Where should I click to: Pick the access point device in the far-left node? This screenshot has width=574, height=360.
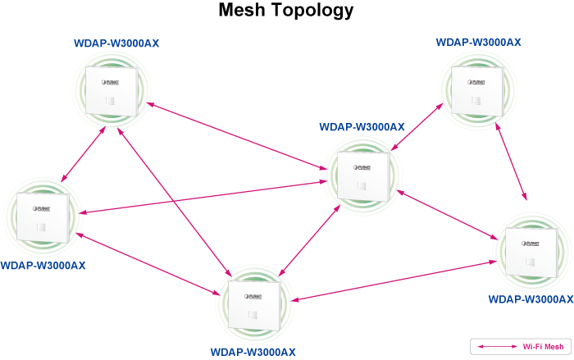pyautogui.click(x=40, y=216)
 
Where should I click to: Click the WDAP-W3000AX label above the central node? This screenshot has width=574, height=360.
pyautogui.click(x=362, y=127)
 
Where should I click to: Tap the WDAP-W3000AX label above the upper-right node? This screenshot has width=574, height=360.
pyautogui.click(x=478, y=41)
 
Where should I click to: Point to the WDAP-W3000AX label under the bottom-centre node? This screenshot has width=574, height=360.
pyautogui.click(x=253, y=352)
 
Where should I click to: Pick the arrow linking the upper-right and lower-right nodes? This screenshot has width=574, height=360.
pyautogui.click(x=510, y=163)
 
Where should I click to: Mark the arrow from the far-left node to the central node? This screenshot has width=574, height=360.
pyautogui.click(x=205, y=194)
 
